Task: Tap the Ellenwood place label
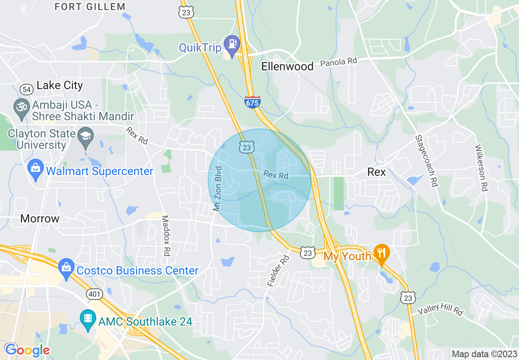288,66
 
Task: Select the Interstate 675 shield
252,102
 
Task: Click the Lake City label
60,85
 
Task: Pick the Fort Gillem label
90,7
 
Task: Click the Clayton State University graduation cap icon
86,136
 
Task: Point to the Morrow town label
40,218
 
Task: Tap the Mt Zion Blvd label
217,189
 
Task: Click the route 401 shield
94,294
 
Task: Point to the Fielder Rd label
278,270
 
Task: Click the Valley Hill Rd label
440,309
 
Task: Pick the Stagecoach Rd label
426,161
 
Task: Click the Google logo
28,350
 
